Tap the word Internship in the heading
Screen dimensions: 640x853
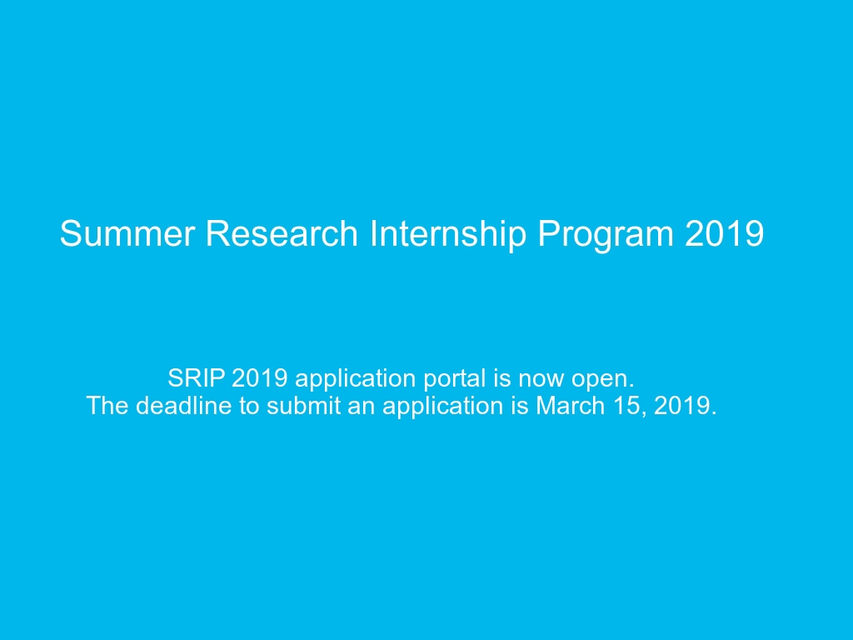447,234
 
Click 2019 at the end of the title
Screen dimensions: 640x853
724,234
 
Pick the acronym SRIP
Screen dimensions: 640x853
197,378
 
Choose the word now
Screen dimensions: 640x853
541,379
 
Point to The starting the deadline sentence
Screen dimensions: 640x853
107,406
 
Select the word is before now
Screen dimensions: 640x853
502,378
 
